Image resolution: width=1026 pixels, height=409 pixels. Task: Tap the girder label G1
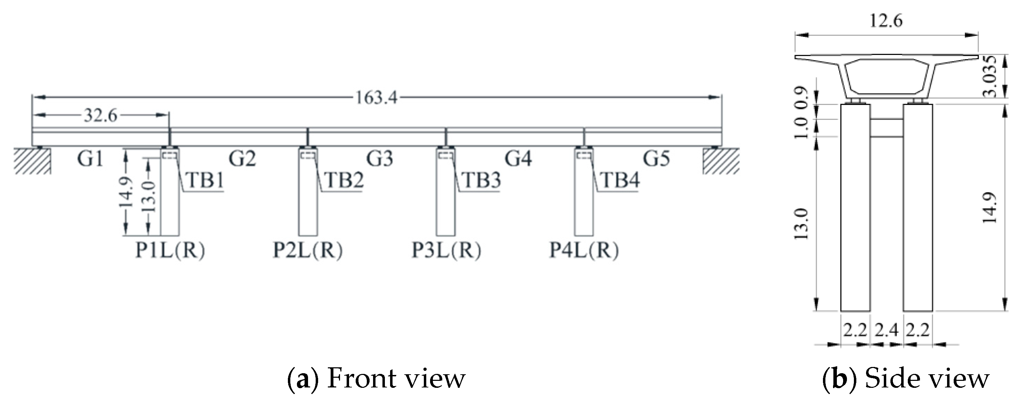pos(90,158)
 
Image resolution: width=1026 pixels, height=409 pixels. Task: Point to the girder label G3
pos(380,158)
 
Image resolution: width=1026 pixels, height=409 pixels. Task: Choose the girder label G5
pos(656,158)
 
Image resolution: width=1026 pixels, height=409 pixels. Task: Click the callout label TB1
pos(205,180)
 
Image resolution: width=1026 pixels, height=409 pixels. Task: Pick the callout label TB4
pos(620,180)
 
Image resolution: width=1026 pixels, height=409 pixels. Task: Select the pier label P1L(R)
pos(170,251)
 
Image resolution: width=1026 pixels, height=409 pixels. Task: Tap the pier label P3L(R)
pos(446,251)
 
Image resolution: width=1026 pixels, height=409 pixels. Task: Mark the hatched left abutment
pos(33,161)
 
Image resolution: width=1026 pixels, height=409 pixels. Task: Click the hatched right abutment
pos(721,161)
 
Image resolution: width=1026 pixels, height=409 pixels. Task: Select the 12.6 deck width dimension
pos(886,21)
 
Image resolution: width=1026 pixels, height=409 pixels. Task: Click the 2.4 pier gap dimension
pos(886,330)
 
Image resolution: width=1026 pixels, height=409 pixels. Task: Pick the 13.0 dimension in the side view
pos(801,223)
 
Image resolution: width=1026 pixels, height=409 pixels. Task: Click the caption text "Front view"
pos(396,379)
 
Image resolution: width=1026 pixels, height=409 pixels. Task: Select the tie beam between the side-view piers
pos(887,128)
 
